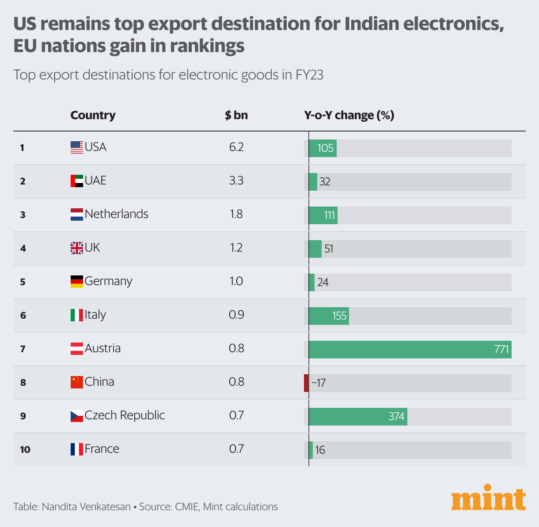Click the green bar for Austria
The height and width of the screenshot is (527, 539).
tap(410, 350)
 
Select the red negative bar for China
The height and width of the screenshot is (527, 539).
tap(306, 383)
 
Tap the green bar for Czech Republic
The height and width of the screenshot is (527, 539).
tap(357, 417)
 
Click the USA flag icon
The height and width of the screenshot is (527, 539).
tap(76, 147)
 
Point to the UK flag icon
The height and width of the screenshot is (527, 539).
tap(76, 248)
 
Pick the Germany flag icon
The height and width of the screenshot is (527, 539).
tap(76, 282)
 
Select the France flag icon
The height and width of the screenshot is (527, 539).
tap(76, 449)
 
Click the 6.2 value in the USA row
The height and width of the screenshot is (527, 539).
tap(236, 147)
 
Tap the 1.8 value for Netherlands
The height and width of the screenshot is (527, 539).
tap(236, 214)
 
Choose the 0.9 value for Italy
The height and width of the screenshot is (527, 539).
tap(236, 315)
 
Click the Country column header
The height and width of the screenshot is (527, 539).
tap(93, 115)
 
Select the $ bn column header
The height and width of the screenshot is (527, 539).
tap(236, 115)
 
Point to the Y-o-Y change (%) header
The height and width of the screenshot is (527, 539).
tap(349, 115)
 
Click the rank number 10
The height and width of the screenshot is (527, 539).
tap(25, 450)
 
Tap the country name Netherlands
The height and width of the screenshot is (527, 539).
tap(116, 214)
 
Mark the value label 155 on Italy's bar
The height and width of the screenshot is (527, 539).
tap(339, 316)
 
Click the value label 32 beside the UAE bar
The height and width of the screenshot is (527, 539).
tap(325, 182)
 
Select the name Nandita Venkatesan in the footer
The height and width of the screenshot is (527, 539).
tap(86, 507)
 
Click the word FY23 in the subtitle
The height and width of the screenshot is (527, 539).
tap(309, 75)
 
